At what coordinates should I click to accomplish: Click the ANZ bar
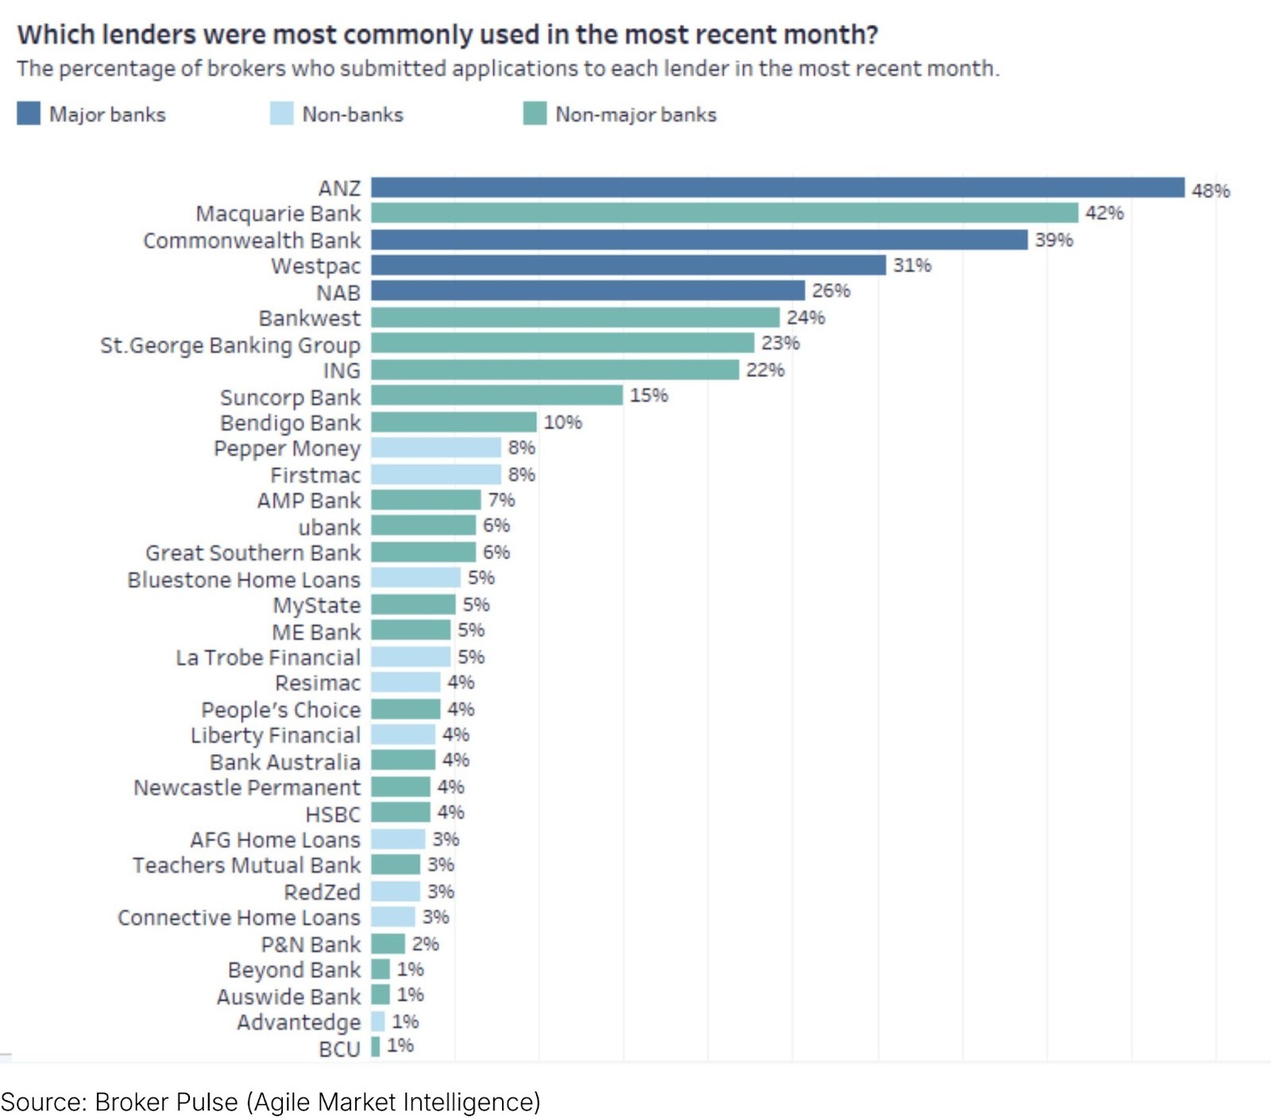coord(777,187)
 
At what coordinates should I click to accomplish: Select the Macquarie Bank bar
coord(724,213)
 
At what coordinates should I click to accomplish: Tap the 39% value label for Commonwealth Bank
coord(1053,240)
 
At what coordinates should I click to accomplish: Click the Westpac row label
coord(315,266)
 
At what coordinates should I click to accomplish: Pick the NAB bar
coord(588,291)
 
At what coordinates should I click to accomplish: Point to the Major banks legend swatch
coord(29,114)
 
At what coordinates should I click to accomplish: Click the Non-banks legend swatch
coord(281,114)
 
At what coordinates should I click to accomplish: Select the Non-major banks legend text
coord(635,114)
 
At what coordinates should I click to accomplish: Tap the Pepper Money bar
coord(436,448)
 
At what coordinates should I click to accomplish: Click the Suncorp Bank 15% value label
coord(648,396)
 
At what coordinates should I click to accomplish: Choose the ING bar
coord(554,369)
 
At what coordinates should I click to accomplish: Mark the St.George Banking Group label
coord(230,346)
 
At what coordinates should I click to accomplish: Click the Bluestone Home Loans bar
coord(415,577)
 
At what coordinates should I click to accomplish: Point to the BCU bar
coord(375,1047)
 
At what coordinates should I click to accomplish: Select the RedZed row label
coord(322,892)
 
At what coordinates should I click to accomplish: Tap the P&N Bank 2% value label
coord(425,944)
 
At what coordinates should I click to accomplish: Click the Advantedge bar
coord(377,1022)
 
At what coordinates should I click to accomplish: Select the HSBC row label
coord(333,814)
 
